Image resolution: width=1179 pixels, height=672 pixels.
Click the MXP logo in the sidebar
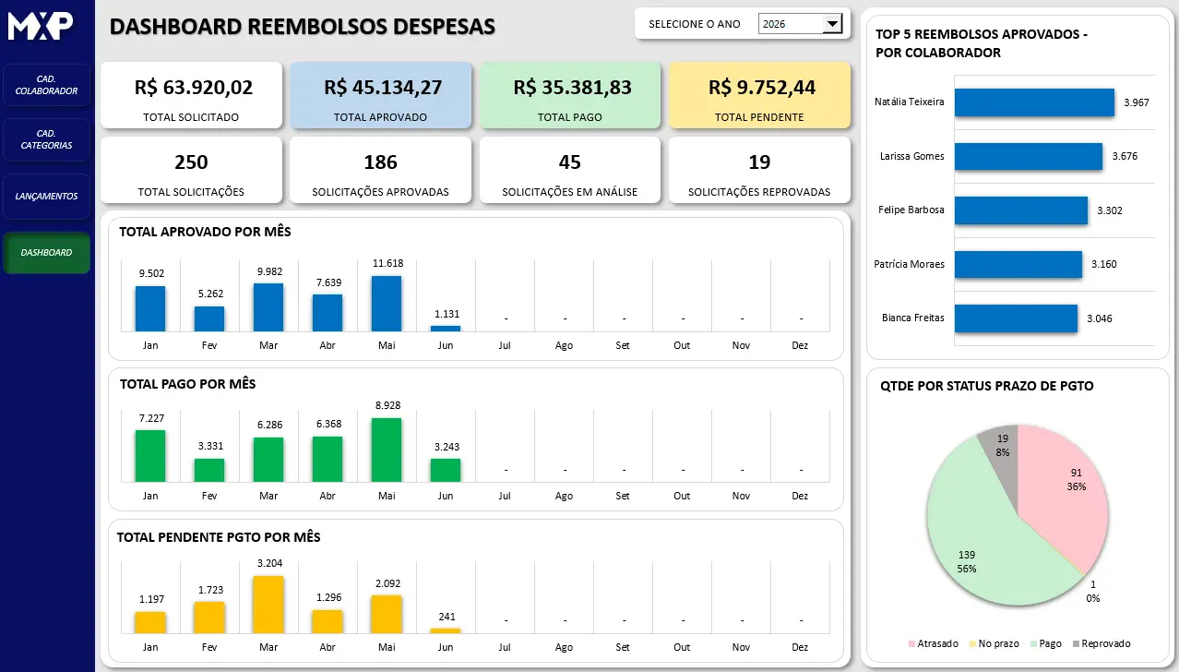[40, 26]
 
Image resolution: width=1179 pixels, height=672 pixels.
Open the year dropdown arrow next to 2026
[832, 24]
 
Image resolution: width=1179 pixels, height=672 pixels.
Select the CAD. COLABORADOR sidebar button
[46, 85]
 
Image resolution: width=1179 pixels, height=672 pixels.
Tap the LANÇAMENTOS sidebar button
[46, 196]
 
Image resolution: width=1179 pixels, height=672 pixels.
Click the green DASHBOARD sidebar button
[46, 252]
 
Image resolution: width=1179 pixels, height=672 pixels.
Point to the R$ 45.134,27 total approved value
[383, 88]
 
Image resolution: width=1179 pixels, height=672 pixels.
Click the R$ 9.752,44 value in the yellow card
[762, 88]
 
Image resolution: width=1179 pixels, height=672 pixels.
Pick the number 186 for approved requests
[380, 162]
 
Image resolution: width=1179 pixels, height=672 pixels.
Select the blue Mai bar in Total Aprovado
[387, 304]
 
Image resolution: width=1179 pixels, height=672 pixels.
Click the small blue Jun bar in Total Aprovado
[446, 329]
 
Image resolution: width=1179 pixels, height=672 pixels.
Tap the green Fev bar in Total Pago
[209, 470]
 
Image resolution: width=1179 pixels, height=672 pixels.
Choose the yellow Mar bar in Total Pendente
[268, 605]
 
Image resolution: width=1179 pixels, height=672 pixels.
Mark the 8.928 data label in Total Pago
[387, 405]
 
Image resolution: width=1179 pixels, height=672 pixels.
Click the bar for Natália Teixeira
[1034, 102]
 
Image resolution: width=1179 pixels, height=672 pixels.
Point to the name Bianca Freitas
[912, 318]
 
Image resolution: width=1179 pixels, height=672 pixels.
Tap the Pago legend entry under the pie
[1046, 643]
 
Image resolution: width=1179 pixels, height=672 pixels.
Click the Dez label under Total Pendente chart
[800, 647]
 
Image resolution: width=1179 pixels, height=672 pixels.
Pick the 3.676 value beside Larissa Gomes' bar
[1125, 156]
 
